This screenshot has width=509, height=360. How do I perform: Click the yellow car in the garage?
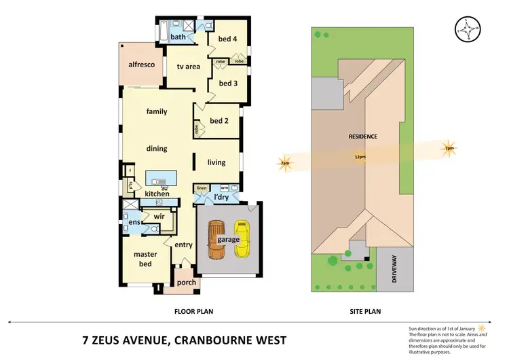[242, 240]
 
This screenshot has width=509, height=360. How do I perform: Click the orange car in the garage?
[216, 240]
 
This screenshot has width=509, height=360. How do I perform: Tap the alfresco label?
[143, 65]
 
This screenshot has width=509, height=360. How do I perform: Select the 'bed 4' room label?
[227, 39]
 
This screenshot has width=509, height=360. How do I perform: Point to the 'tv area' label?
[188, 67]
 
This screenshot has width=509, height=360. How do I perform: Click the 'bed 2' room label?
[219, 121]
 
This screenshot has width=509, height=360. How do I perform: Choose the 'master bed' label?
[145, 259]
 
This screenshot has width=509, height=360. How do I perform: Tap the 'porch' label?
[186, 283]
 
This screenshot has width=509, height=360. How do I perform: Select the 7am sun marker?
[286, 163]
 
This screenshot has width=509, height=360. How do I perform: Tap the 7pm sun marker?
[449, 149]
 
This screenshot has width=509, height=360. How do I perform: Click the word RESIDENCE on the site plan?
[362, 137]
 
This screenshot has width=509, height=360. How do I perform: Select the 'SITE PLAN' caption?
[364, 312]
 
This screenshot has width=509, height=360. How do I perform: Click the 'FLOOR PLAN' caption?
[195, 312]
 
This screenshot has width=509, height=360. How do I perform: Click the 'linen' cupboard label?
[202, 187]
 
